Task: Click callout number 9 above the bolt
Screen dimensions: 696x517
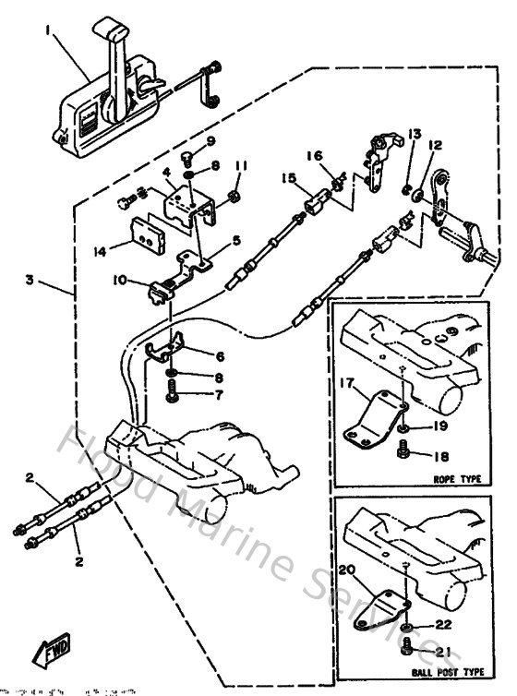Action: pyautogui.click(x=210, y=140)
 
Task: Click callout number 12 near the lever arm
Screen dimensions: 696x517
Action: pyautogui.click(x=435, y=145)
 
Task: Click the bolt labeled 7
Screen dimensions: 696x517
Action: pyautogui.click(x=174, y=394)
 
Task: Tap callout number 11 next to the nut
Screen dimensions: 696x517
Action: pyautogui.click(x=241, y=165)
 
